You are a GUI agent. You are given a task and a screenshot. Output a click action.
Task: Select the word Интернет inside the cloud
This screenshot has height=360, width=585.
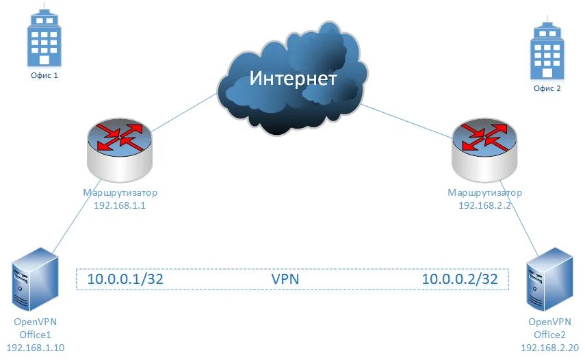click(293, 78)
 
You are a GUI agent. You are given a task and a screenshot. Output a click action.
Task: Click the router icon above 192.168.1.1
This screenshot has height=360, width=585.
click(120, 147)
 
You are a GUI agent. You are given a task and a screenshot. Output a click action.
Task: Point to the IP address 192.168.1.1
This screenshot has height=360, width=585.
click(119, 205)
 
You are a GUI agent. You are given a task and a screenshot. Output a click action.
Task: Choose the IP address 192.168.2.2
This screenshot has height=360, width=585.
click(484, 205)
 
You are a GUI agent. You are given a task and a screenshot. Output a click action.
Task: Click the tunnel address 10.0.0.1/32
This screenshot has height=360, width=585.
click(125, 279)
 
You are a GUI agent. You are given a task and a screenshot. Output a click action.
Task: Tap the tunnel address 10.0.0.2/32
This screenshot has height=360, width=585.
click(458, 279)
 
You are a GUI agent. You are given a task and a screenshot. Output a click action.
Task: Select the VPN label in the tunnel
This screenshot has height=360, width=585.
click(285, 279)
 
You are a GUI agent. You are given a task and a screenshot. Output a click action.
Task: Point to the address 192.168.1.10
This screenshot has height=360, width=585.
click(36, 348)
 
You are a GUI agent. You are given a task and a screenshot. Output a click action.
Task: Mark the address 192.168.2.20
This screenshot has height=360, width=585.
click(549, 348)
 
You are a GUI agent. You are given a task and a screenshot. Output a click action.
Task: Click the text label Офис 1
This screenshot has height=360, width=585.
click(42, 76)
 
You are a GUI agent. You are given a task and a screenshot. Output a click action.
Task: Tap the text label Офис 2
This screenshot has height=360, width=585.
click(547, 89)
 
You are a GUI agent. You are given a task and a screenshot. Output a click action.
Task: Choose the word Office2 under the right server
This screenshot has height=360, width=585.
click(549, 335)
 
